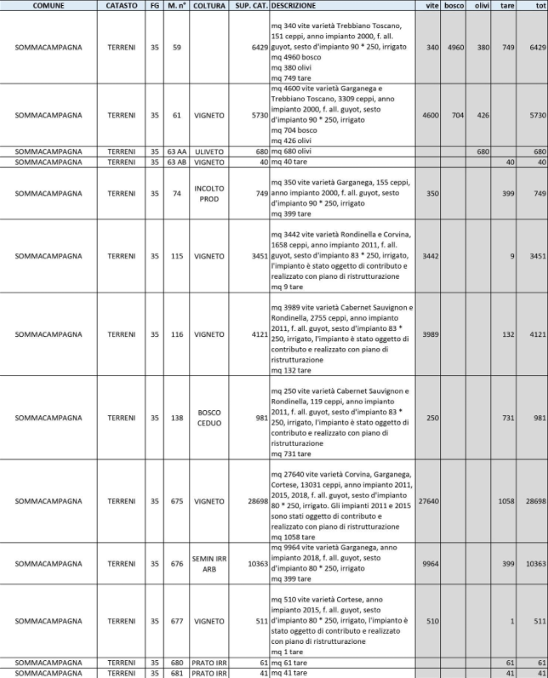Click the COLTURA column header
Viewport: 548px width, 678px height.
[x=209, y=5]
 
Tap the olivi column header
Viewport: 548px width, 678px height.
[x=482, y=5]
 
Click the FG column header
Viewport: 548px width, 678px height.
[x=154, y=5]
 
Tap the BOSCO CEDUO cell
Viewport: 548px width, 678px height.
[x=209, y=417]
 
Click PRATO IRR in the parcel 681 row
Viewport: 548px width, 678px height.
[x=209, y=673]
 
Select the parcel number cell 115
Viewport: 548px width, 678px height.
[x=176, y=255]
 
